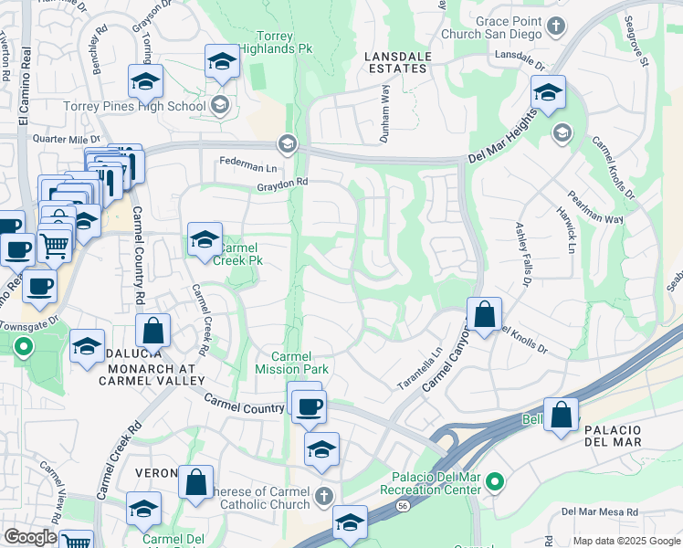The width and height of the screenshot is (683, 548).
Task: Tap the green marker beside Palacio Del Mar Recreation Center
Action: tap(495, 480)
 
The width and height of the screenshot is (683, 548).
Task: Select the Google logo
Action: tap(30, 537)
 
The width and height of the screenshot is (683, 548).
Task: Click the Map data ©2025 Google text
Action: tap(626, 541)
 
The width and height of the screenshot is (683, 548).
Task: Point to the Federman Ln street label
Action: tap(247, 166)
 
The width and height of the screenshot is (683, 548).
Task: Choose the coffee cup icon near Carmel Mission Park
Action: tap(310, 406)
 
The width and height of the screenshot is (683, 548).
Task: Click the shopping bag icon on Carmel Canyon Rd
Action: tap(484, 315)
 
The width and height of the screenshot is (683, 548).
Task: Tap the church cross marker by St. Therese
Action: tap(323, 497)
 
